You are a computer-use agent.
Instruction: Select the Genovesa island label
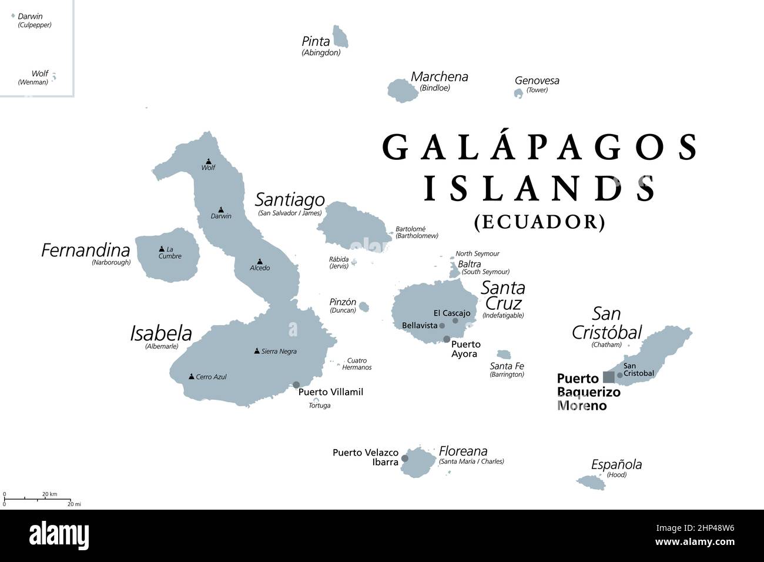(x=537, y=81)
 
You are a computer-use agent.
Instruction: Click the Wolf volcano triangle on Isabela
(x=208, y=161)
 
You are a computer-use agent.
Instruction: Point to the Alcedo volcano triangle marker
(x=259, y=261)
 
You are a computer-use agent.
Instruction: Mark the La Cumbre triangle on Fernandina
(x=162, y=249)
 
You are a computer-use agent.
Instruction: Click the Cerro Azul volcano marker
(x=191, y=376)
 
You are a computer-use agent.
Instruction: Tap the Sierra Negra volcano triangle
(x=256, y=351)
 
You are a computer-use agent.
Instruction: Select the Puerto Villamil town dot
(x=296, y=385)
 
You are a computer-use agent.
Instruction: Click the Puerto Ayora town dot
(x=447, y=339)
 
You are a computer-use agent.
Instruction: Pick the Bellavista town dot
(x=442, y=325)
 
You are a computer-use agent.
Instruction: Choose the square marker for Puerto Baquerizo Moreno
(x=609, y=377)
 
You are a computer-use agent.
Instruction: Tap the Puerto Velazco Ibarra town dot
(x=404, y=458)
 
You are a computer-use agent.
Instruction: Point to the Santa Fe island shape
(x=504, y=354)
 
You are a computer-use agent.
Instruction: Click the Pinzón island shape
(x=364, y=306)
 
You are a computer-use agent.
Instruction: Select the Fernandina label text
(x=85, y=250)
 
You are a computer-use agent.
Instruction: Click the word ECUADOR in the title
(x=540, y=221)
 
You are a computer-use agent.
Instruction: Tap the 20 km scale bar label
(x=49, y=494)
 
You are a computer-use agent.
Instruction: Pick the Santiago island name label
(x=290, y=200)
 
